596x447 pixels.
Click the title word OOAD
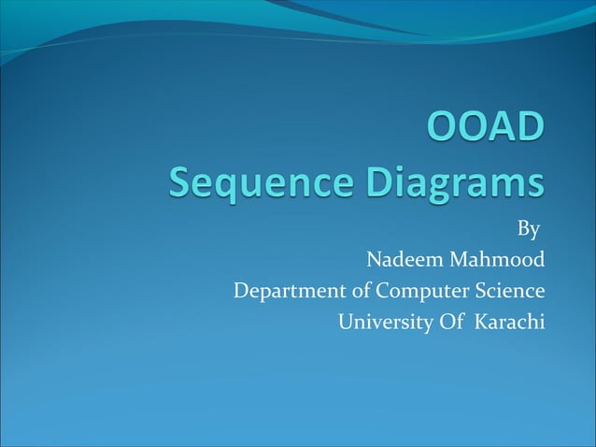pyautogui.click(x=484, y=129)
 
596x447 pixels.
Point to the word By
pyautogui.click(x=528, y=229)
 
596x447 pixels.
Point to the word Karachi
pyautogui.click(x=510, y=323)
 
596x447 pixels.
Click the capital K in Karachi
pyautogui.click(x=482, y=323)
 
